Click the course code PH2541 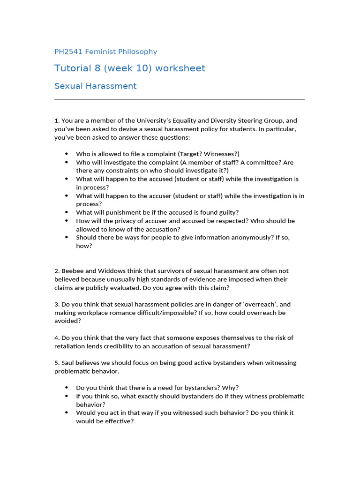(x=68, y=52)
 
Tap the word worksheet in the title (x=180, y=68)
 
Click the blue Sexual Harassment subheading (x=95, y=86)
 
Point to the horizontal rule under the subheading (x=180, y=99)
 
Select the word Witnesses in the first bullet (x=221, y=154)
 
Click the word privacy (x=128, y=221)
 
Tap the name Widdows (x=115, y=271)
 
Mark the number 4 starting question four (x=56, y=337)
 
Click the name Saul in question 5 (x=68, y=363)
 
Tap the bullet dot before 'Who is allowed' (x=66, y=154)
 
